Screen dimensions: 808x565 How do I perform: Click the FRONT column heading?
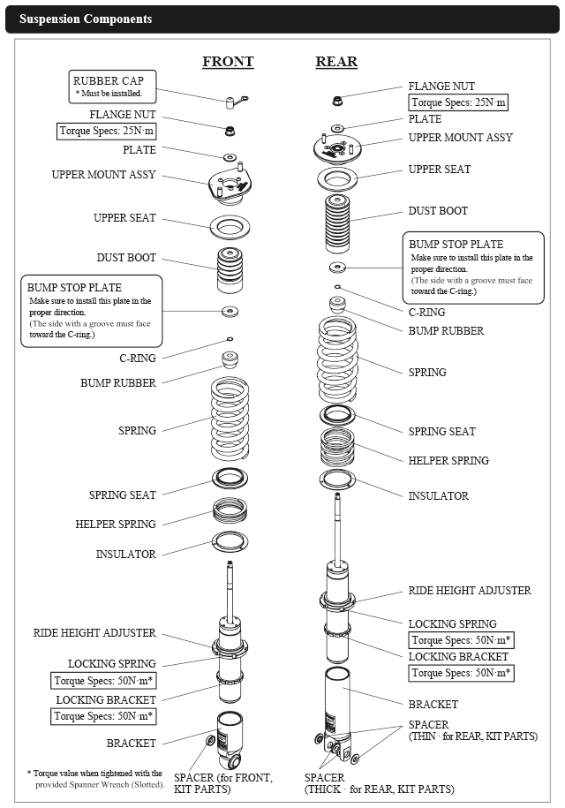228,62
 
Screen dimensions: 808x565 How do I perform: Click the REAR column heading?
336,62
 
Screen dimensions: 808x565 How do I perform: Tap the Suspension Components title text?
86,19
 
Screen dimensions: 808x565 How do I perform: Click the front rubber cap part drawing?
234,103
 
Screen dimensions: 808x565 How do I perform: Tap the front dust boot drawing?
230,270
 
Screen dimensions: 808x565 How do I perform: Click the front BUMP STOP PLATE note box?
91,311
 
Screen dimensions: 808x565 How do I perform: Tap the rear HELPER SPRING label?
448,460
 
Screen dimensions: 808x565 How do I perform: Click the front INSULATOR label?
125,555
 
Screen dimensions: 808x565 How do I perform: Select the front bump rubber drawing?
230,361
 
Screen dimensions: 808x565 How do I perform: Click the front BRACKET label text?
132,743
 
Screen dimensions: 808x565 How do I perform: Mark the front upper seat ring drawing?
230,226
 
